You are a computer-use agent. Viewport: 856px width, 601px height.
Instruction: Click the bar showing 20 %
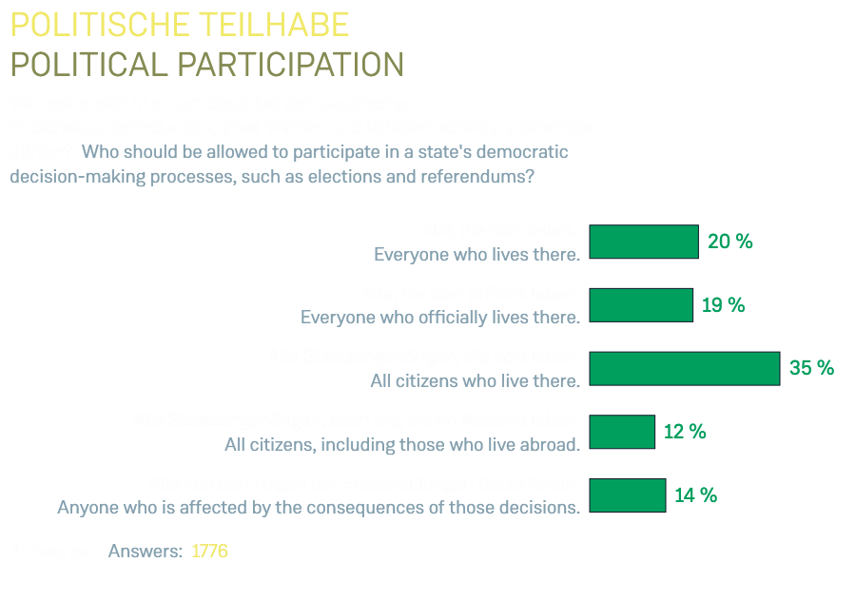pos(643,242)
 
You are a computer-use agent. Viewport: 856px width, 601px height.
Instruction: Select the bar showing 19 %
pos(640,305)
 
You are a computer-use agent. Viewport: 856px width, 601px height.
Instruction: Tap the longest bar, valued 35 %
pos(684,368)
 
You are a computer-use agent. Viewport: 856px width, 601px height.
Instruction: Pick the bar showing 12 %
pos(622,432)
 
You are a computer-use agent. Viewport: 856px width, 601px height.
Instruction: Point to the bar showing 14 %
pos(627,495)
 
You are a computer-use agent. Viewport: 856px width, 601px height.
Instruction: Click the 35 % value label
pos(811,368)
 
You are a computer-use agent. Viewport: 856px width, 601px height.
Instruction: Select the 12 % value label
pos(685,432)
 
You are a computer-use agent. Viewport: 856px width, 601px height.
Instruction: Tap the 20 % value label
pos(730,242)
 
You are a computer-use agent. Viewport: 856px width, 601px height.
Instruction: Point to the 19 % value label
pos(723,305)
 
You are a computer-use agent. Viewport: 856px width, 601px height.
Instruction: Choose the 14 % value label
pos(695,495)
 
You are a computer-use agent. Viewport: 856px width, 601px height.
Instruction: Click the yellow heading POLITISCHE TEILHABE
pos(180,25)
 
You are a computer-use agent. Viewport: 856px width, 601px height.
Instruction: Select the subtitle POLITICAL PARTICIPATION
pos(206,65)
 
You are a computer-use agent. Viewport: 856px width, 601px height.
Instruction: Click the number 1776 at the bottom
pos(209,552)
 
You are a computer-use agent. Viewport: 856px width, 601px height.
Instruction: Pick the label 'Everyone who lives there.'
pos(477,255)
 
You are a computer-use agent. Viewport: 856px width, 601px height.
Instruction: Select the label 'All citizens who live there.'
pos(475,381)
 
